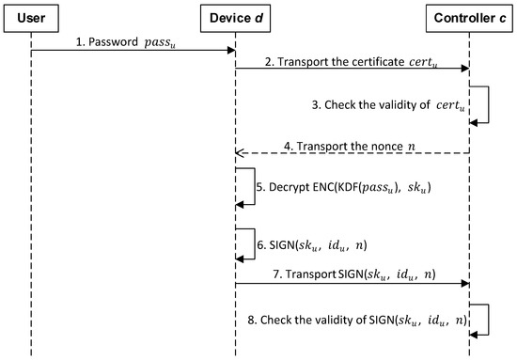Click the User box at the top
tap(32, 17)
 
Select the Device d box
tap(235, 17)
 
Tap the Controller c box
tap(467, 17)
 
